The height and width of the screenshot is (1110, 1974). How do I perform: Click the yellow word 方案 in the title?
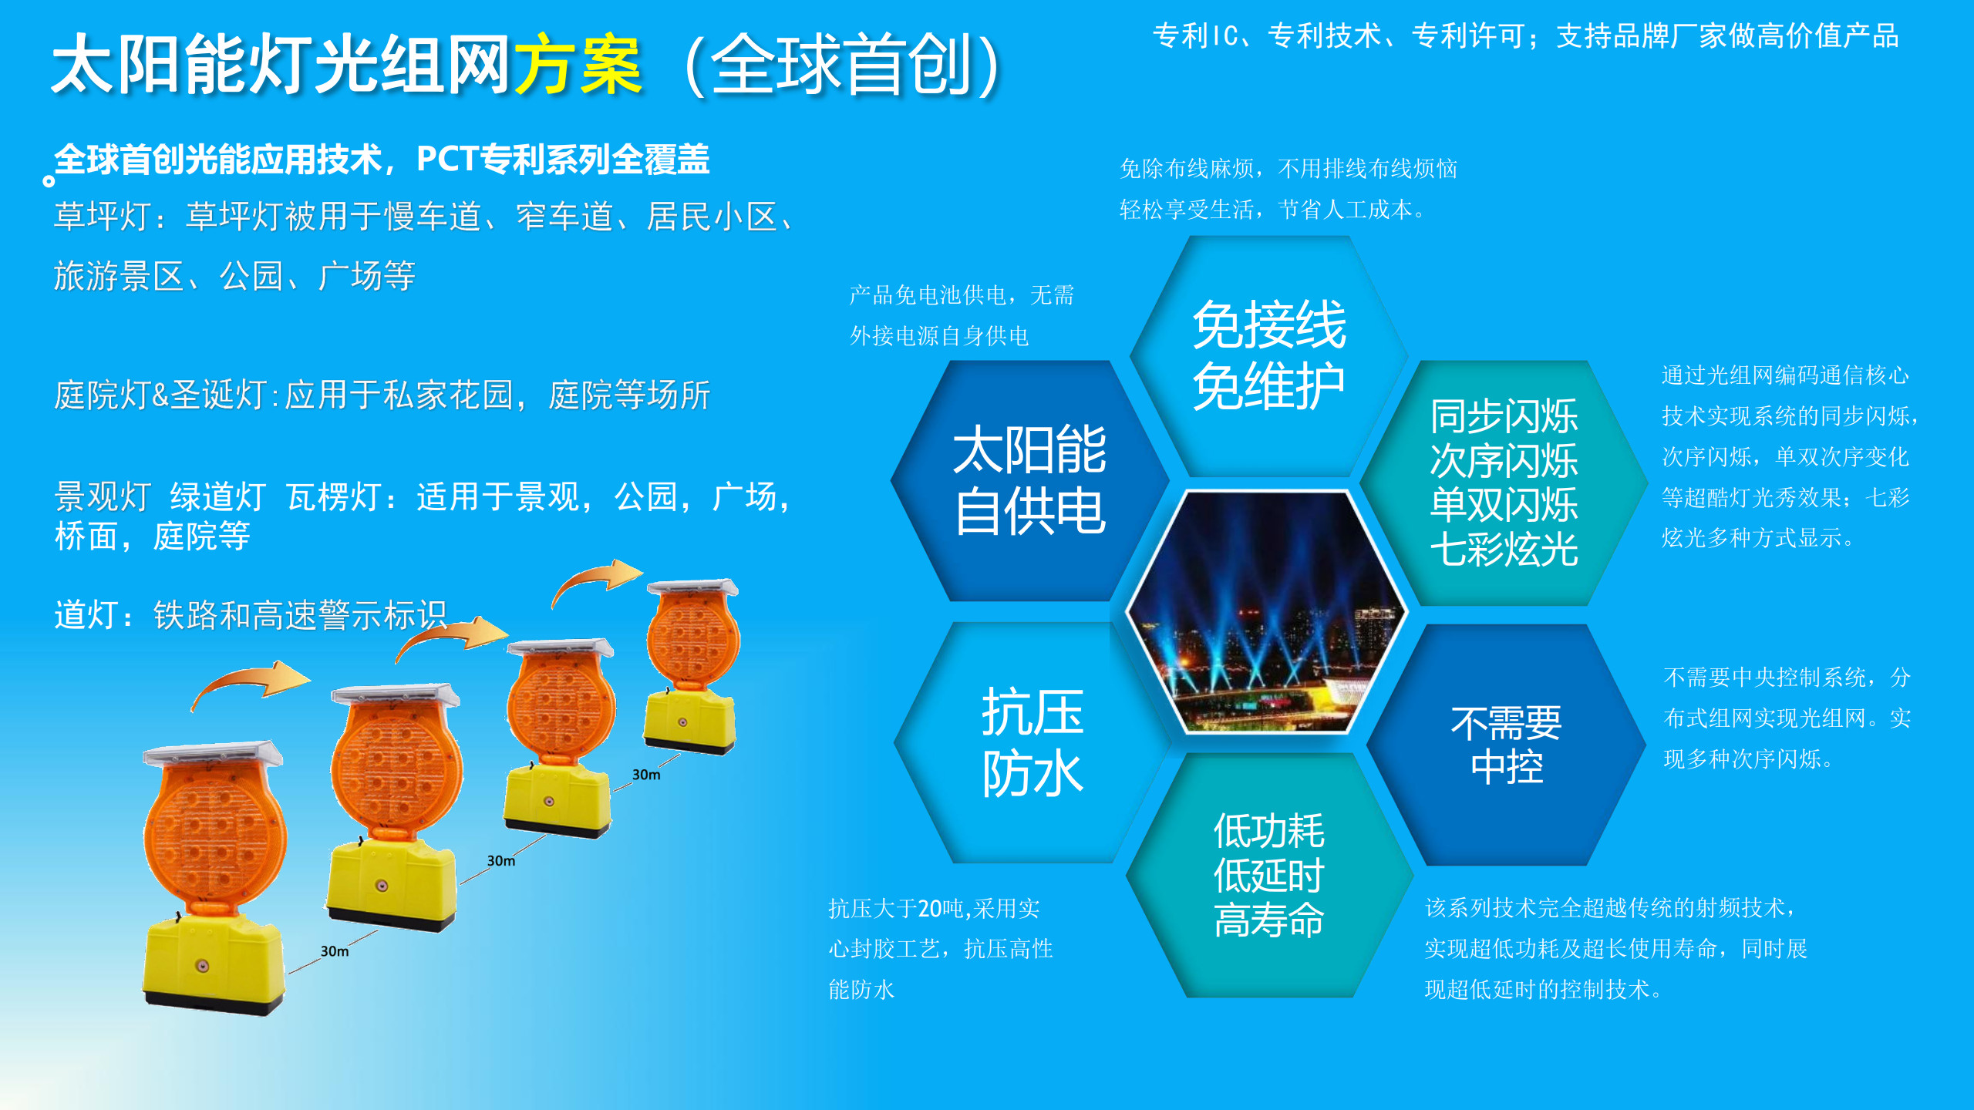[x=578, y=65]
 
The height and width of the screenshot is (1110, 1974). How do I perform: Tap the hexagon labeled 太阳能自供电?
[x=1030, y=480]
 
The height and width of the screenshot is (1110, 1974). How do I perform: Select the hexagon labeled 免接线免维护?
[x=1269, y=355]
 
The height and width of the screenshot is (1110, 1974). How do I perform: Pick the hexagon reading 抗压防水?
[x=1032, y=742]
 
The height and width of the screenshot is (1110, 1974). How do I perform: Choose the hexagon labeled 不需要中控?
[x=1506, y=745]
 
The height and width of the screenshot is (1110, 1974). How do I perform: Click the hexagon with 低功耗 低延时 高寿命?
[x=1269, y=875]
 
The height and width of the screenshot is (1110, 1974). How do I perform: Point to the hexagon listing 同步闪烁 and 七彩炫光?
[x=1504, y=483]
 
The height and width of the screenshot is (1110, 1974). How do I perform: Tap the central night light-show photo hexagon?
[x=1267, y=611]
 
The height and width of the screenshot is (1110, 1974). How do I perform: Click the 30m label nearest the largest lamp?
[x=335, y=951]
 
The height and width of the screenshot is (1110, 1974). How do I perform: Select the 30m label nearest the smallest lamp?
[x=646, y=775]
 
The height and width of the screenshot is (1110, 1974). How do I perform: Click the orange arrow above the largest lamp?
[x=251, y=682]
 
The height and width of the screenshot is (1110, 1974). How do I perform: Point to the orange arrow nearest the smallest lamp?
[x=597, y=580]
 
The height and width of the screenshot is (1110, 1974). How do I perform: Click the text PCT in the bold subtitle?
[x=447, y=159]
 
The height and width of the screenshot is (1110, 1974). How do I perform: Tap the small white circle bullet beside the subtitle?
[x=49, y=181]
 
